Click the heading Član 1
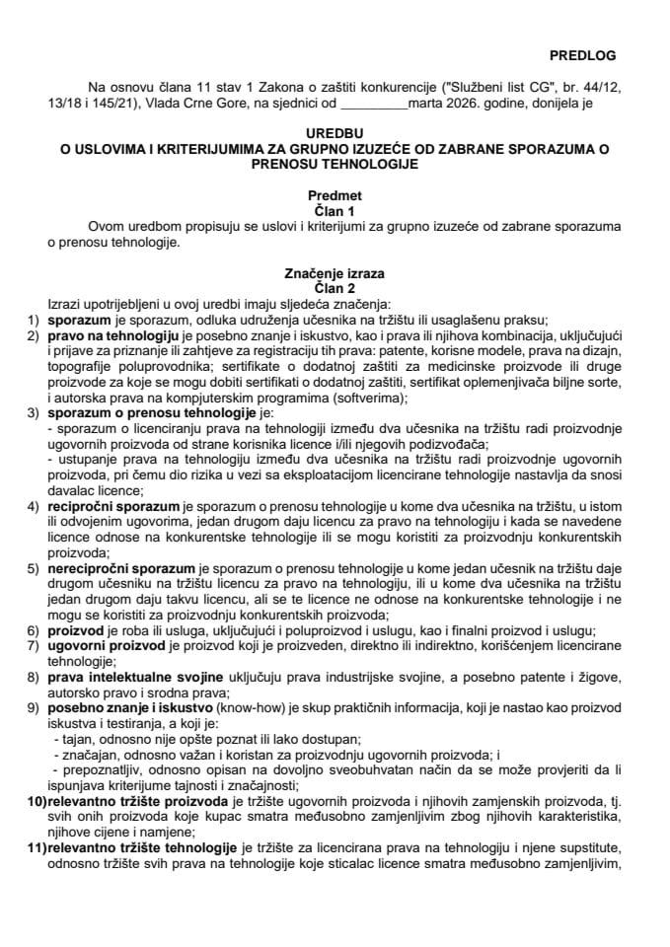click(335, 209)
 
